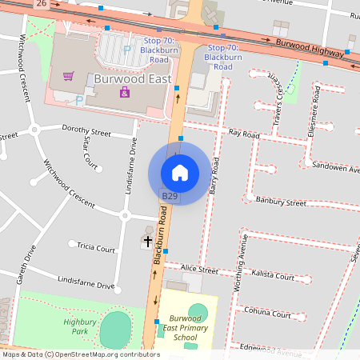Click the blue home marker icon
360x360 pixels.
point(180,172)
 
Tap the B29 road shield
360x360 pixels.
point(170,196)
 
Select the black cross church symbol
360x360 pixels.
point(148,240)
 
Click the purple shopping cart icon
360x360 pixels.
point(69,77)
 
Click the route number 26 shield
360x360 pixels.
point(41,4)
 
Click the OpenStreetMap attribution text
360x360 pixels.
point(80,354)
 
